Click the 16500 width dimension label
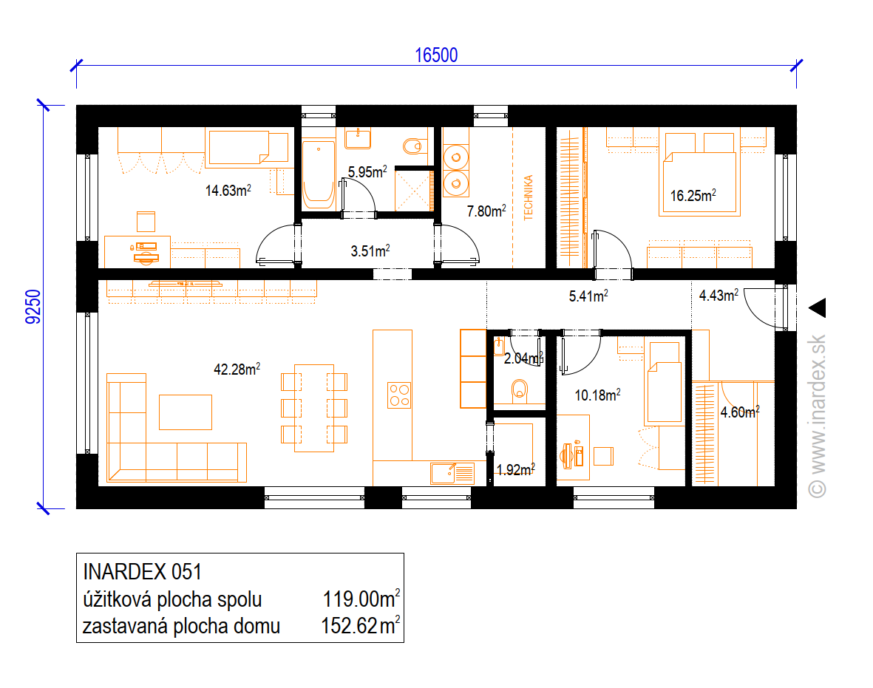[x=436, y=55]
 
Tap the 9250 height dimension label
[x=33, y=307]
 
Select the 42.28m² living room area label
[x=237, y=369]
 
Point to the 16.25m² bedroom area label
[x=693, y=195]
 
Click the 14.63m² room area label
[x=228, y=191]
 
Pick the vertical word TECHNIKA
[x=529, y=197]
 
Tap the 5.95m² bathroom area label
[x=367, y=171]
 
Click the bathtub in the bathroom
[x=319, y=174]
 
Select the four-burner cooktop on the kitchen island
[x=399, y=395]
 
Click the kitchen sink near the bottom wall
[x=452, y=473]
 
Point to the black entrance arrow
[x=818, y=308]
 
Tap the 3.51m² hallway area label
[x=370, y=251]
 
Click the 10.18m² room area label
[x=597, y=395]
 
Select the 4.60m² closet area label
[x=740, y=412]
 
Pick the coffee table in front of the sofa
[x=186, y=412]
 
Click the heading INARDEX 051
[x=142, y=572]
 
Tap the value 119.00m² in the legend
[x=361, y=599]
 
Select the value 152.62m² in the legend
[x=360, y=626]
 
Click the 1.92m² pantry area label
[x=515, y=470]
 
